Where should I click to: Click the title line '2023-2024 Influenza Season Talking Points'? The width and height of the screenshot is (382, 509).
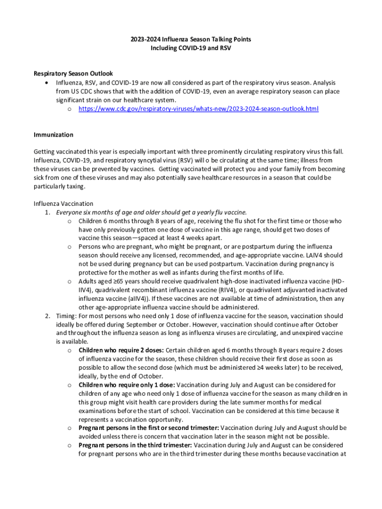click(191, 40)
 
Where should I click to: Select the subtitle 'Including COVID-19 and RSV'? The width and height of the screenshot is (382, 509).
click(191, 49)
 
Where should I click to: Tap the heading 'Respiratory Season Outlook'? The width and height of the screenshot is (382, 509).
click(73, 74)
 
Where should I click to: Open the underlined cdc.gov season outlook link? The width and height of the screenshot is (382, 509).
click(198, 109)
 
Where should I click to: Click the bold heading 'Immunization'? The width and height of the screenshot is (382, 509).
click(54, 135)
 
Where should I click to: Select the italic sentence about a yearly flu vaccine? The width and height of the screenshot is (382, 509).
click(151, 212)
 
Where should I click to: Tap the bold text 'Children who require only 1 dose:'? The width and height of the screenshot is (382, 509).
click(127, 385)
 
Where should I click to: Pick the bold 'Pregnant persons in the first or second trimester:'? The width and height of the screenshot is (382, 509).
click(148, 427)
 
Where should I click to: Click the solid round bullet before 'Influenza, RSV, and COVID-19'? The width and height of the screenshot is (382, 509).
click(46, 83)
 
